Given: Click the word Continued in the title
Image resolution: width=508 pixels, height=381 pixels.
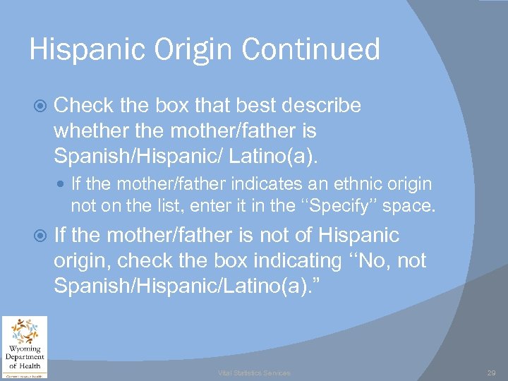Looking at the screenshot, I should [x=310, y=50].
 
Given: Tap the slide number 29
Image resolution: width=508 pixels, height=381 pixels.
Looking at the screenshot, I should [x=491, y=373].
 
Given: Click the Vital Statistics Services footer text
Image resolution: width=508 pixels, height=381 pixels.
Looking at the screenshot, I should [x=253, y=373].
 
